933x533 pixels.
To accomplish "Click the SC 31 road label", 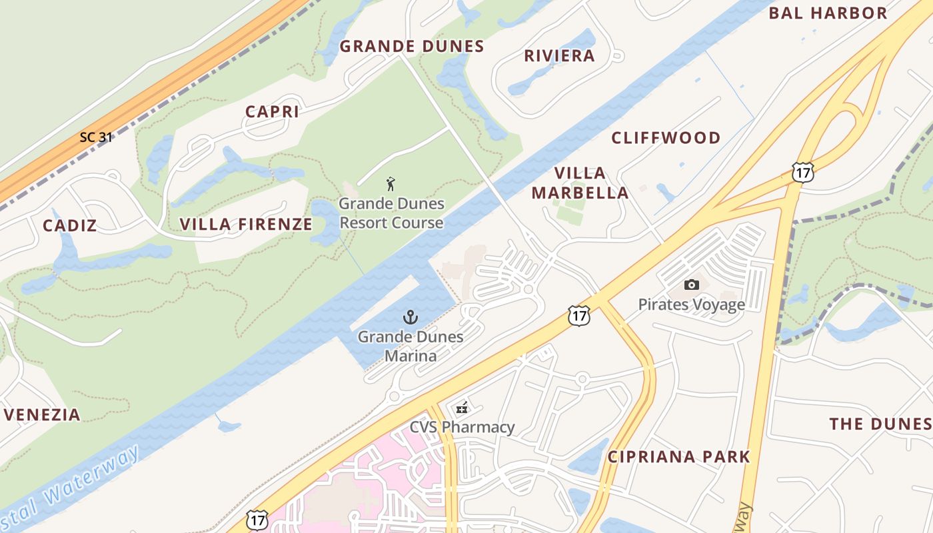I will click(x=96, y=137).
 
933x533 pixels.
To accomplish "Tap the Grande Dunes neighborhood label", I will click(x=411, y=47).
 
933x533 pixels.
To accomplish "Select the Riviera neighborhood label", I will click(x=559, y=56).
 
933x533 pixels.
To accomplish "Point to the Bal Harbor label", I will click(x=828, y=13).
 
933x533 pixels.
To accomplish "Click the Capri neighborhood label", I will click(x=272, y=112).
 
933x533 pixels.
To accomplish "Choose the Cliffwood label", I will click(x=666, y=138).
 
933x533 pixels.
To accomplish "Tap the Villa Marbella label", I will click(x=590, y=183).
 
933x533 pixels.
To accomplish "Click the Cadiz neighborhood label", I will click(x=70, y=226).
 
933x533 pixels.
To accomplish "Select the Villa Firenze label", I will click(x=246, y=225).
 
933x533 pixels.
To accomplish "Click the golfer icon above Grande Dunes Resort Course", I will click(x=391, y=183).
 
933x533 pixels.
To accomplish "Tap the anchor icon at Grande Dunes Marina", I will click(x=410, y=317).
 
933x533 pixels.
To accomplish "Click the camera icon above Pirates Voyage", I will click(x=691, y=285).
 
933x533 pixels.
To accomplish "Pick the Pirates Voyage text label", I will click(x=691, y=304).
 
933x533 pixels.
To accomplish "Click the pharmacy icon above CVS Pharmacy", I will click(x=461, y=408).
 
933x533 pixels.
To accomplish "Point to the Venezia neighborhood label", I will click(x=43, y=415).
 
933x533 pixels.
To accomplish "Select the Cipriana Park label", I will click(x=678, y=457).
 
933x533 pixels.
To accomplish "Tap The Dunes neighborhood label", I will click(x=880, y=424).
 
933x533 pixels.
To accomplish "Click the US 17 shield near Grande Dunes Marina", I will click(x=578, y=316).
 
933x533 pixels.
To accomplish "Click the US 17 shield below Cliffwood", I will click(x=802, y=172).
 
